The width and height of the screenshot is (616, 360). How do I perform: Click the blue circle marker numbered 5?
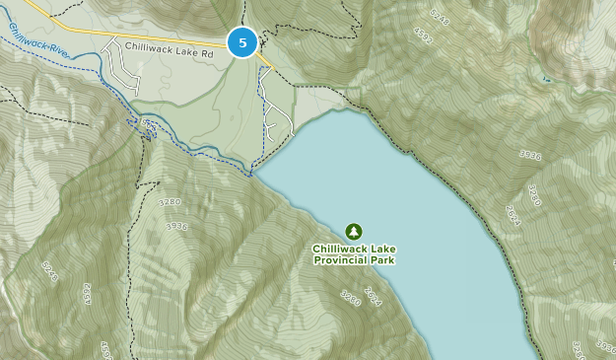(242, 42)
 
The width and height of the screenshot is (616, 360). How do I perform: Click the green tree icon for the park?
(354, 231)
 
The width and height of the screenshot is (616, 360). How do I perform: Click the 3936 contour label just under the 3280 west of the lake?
(176, 226)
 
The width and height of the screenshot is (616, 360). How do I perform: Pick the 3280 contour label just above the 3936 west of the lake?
(170, 201)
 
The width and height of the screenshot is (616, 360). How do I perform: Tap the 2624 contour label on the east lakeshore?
(513, 215)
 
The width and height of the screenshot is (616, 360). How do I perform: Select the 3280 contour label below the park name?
(351, 297)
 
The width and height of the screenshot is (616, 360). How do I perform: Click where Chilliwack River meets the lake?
(253, 175)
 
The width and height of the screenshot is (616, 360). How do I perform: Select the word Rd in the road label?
(207, 46)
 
